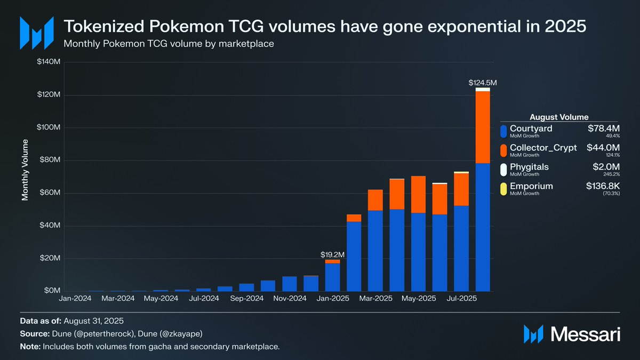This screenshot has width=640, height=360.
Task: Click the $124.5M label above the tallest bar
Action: [x=483, y=83]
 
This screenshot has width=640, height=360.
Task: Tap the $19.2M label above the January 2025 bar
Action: [x=333, y=254]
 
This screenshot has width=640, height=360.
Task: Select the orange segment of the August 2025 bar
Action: [x=483, y=127]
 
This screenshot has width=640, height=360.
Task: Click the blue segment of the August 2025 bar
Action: [x=483, y=227]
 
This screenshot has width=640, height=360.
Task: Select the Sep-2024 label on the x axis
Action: [x=246, y=299]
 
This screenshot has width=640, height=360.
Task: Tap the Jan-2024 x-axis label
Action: [x=75, y=299]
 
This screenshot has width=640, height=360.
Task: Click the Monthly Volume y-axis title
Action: [x=25, y=171]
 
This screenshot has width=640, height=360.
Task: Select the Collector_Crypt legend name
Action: [x=543, y=148]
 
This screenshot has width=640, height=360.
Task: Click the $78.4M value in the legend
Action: [x=603, y=129]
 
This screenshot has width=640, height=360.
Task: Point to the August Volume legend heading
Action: [x=559, y=117]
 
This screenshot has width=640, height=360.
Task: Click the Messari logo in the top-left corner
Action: [x=36, y=33]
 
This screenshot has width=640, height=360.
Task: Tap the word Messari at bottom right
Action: [x=585, y=334]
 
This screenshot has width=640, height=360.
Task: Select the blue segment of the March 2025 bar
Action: [x=375, y=251]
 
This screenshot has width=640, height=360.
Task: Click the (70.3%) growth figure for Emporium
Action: [x=611, y=194]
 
